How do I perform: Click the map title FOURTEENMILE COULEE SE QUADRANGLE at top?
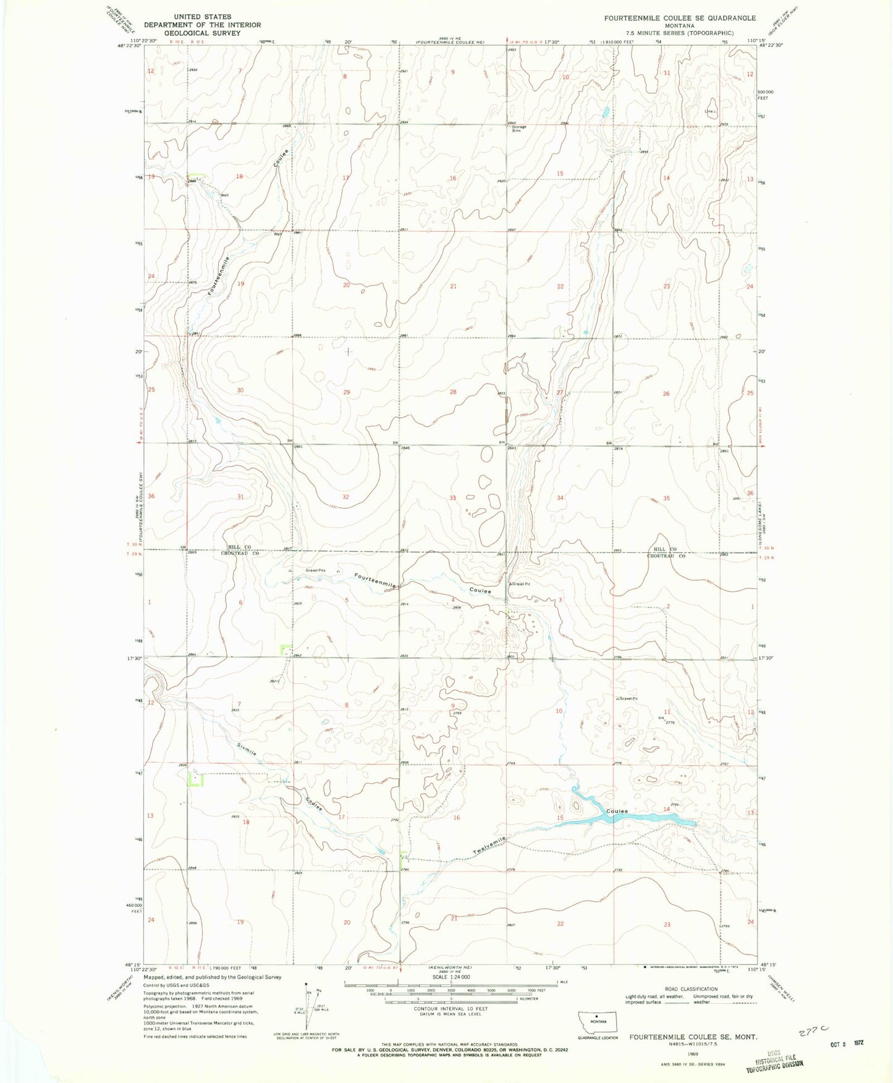[x=680, y=18]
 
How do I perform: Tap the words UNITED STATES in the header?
[x=202, y=17]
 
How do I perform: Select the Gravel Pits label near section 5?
[x=315, y=570]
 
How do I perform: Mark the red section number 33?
[x=452, y=498]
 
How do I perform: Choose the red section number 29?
[x=347, y=392]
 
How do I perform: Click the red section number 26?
[x=666, y=394]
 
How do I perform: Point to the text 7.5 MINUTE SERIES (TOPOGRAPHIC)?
[x=680, y=33]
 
